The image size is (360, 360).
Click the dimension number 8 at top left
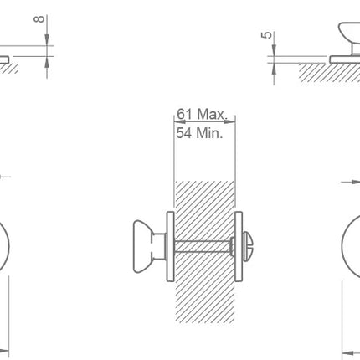pos(39,19)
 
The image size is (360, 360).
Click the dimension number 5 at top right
pos(266,35)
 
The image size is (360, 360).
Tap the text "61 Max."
pos(203,114)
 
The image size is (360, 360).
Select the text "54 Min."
pos(199,132)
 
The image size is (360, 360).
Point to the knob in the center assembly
pos(144,246)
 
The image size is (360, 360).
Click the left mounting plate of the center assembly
pos(171,246)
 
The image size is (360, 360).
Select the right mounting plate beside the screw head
pos(239,246)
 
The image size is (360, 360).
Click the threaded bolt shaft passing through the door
pos(203,247)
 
